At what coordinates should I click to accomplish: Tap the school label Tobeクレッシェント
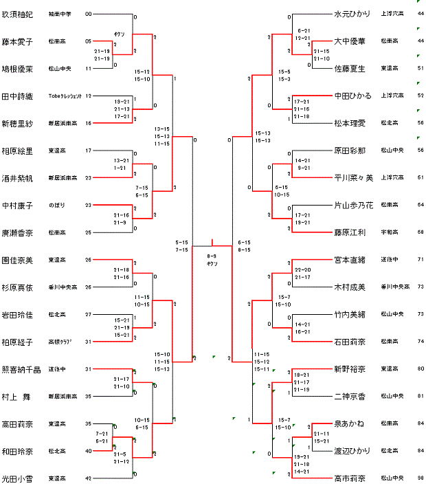pyautogui.click(x=66, y=96)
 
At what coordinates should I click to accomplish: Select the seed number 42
pyautogui.click(x=88, y=478)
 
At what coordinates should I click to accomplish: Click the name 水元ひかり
pyautogui.click(x=352, y=14)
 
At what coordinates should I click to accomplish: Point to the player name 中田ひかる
pyautogui.click(x=352, y=96)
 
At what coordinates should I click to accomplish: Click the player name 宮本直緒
pyautogui.click(x=350, y=260)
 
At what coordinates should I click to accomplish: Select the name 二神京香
pyautogui.click(x=350, y=397)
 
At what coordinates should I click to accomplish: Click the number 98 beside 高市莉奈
pyautogui.click(x=420, y=478)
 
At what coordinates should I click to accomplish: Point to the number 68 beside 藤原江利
pyautogui.click(x=420, y=232)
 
